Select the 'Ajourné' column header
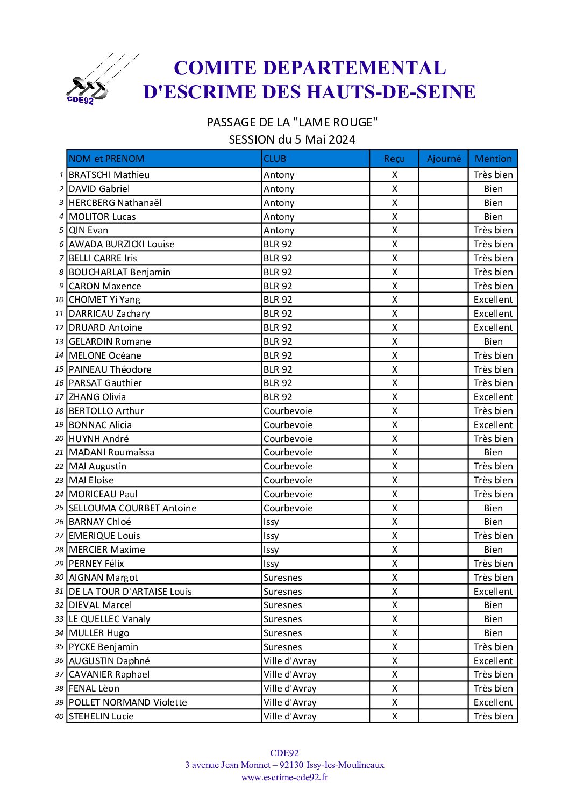444,159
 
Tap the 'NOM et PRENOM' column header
106,159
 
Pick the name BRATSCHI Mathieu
109,175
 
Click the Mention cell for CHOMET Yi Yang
493,300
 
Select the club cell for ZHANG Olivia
278,397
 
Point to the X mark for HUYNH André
394,439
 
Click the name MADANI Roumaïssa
111,452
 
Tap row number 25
59,508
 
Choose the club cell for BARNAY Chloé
272,522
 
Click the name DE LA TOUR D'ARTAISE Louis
130,592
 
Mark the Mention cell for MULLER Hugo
493,633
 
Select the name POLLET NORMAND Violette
128,702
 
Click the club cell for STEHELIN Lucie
290,716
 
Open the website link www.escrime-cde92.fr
284,777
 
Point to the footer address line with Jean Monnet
284,765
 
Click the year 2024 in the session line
342,140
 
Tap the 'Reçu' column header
394,159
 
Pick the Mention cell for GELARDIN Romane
493,341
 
